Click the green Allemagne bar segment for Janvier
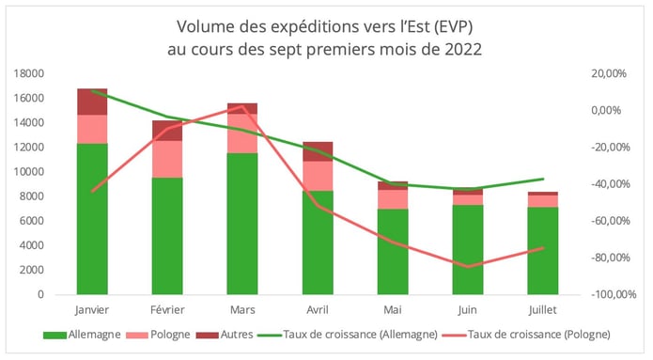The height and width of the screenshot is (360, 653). (x=92, y=218)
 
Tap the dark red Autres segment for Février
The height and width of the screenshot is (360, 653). (x=167, y=130)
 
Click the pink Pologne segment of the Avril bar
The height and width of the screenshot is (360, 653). (x=318, y=176)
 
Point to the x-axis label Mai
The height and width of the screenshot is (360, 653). (x=393, y=308)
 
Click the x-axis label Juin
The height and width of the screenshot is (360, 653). (x=467, y=308)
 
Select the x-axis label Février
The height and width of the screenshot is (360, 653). (x=167, y=308)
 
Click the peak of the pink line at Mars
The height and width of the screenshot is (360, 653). (x=242, y=107)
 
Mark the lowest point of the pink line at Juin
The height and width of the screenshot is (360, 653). (x=467, y=267)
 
